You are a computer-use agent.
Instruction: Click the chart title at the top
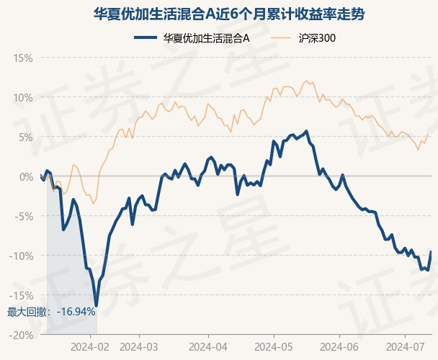click(x=229, y=14)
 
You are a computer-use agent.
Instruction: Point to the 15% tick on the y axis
click(x=23, y=58)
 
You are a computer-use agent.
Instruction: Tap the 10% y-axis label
click(x=23, y=98)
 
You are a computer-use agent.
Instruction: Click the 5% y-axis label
click(x=26, y=138)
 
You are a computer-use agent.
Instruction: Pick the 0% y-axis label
click(x=26, y=177)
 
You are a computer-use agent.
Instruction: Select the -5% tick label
click(x=24, y=217)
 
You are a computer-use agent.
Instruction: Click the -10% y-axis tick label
click(x=21, y=256)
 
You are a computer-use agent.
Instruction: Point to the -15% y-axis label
click(x=21, y=295)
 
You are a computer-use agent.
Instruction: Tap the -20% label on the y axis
click(x=21, y=335)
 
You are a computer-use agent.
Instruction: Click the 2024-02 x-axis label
click(x=90, y=347)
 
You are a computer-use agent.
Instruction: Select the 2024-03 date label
click(x=139, y=347)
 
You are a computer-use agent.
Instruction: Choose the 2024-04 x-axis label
click(x=208, y=347)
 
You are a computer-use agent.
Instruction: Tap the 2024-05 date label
click(x=274, y=347)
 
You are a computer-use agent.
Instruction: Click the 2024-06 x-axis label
click(x=339, y=347)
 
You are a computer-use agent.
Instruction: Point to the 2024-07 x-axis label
click(x=405, y=347)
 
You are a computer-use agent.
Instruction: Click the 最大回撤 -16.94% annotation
click(x=51, y=312)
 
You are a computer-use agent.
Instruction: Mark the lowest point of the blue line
click(x=97, y=306)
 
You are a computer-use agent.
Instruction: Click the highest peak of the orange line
click(x=306, y=81)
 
